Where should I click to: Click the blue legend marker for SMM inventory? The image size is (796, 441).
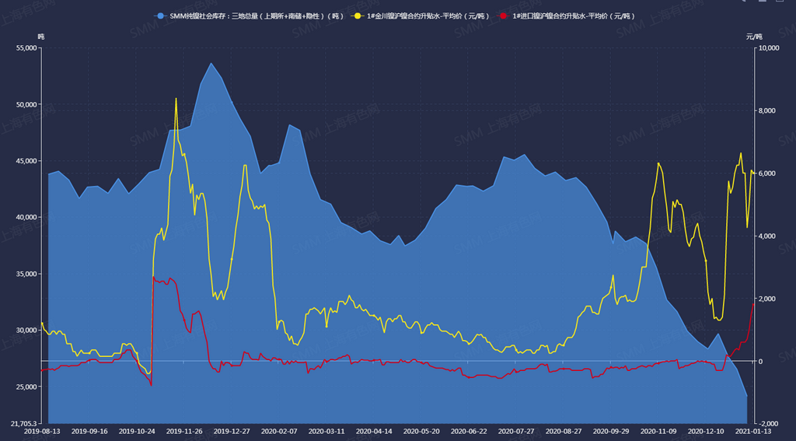[x=160, y=16]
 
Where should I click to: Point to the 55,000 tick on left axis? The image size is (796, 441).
[x=26, y=48]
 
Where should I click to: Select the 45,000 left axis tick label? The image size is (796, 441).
[x=26, y=161]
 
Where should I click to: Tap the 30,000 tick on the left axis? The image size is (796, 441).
[x=26, y=331]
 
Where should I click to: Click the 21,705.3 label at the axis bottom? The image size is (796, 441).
[x=24, y=424]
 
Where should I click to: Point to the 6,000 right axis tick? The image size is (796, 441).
[x=766, y=173]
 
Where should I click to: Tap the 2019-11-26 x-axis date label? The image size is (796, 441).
[x=184, y=431]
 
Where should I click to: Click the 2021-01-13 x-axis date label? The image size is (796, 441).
[x=753, y=431]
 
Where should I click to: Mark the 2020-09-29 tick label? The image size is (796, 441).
[x=611, y=431]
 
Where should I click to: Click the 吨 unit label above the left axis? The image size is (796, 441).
[x=41, y=37]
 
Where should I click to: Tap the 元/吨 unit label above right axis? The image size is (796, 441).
[x=754, y=37]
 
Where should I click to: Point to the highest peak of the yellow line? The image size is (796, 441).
[x=176, y=99]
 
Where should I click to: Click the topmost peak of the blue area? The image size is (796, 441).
[x=211, y=64]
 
